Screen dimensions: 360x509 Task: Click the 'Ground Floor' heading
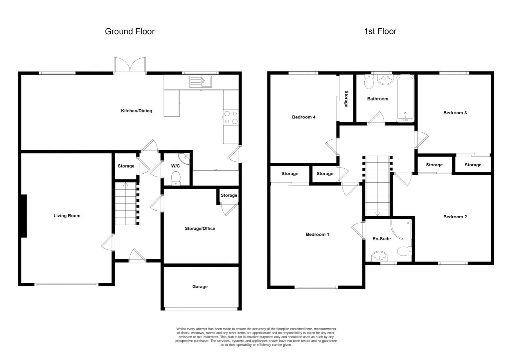tap(130, 31)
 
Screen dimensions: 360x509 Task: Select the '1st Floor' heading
tap(380, 31)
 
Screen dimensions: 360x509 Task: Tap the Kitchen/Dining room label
tap(136, 111)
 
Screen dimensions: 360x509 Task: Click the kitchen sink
tap(201, 82)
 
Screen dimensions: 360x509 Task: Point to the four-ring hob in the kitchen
tap(231, 117)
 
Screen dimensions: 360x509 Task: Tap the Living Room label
tap(67, 216)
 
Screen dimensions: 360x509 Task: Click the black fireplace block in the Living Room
tap(24, 216)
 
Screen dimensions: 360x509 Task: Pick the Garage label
tap(200, 287)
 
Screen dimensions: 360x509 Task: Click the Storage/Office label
tap(200, 228)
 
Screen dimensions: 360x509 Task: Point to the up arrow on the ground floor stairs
tap(126, 184)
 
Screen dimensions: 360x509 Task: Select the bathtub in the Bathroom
tap(405, 99)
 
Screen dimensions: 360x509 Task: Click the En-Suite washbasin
tap(379, 257)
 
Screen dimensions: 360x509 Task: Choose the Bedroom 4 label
tap(303, 117)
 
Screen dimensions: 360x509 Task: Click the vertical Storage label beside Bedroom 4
tap(346, 99)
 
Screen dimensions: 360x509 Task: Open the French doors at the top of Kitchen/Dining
tap(130, 65)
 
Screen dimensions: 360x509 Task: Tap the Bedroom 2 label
tap(455, 217)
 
